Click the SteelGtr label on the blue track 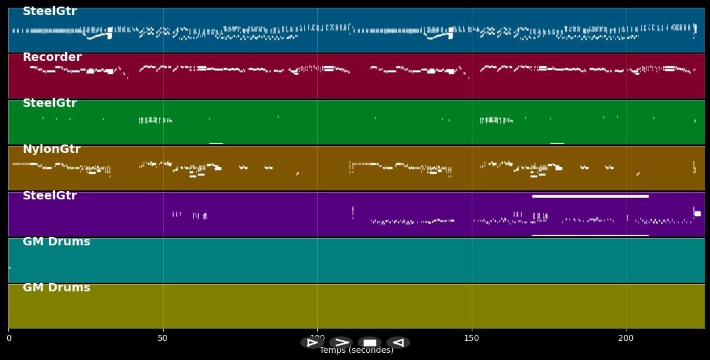coord(50,11)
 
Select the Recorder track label coord(52,57)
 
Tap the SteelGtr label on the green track coord(50,103)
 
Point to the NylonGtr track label coord(51,149)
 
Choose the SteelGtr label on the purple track coord(50,196)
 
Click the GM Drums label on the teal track coord(56,242)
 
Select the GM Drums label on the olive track coord(56,288)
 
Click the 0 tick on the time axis coord(8,339)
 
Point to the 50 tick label coord(162,339)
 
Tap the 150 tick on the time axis coord(472,339)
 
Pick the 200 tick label coord(626,339)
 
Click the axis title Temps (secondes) coord(356,350)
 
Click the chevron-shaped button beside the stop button coord(341,343)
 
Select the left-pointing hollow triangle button coord(398,343)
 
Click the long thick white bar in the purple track coord(590,196)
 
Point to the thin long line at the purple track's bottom coord(590,235)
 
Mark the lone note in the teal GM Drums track coord(10,267)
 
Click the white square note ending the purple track coord(697,213)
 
